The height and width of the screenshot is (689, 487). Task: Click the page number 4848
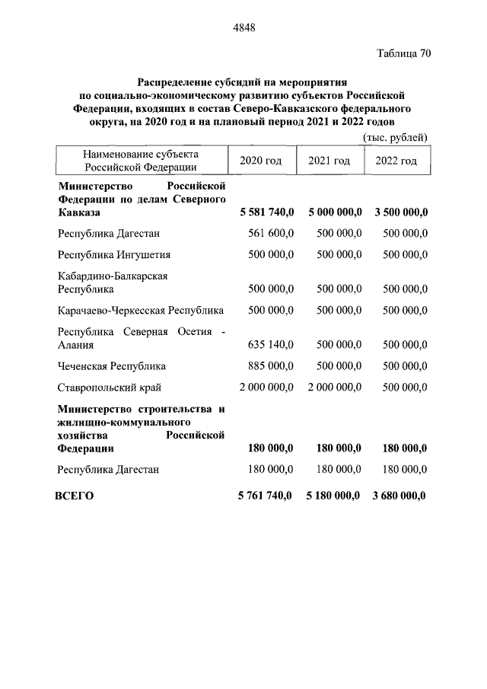click(243, 28)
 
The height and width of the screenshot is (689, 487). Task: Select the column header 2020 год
click(260, 161)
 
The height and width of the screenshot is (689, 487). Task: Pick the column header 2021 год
click(329, 161)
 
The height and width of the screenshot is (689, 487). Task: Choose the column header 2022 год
click(396, 161)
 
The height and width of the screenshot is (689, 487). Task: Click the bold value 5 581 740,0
click(266, 212)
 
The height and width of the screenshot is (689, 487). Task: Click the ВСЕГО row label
click(75, 496)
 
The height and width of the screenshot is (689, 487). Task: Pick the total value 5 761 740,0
click(265, 496)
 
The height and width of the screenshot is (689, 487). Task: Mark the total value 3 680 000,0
click(399, 496)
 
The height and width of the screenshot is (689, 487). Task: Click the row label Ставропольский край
click(110, 388)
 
